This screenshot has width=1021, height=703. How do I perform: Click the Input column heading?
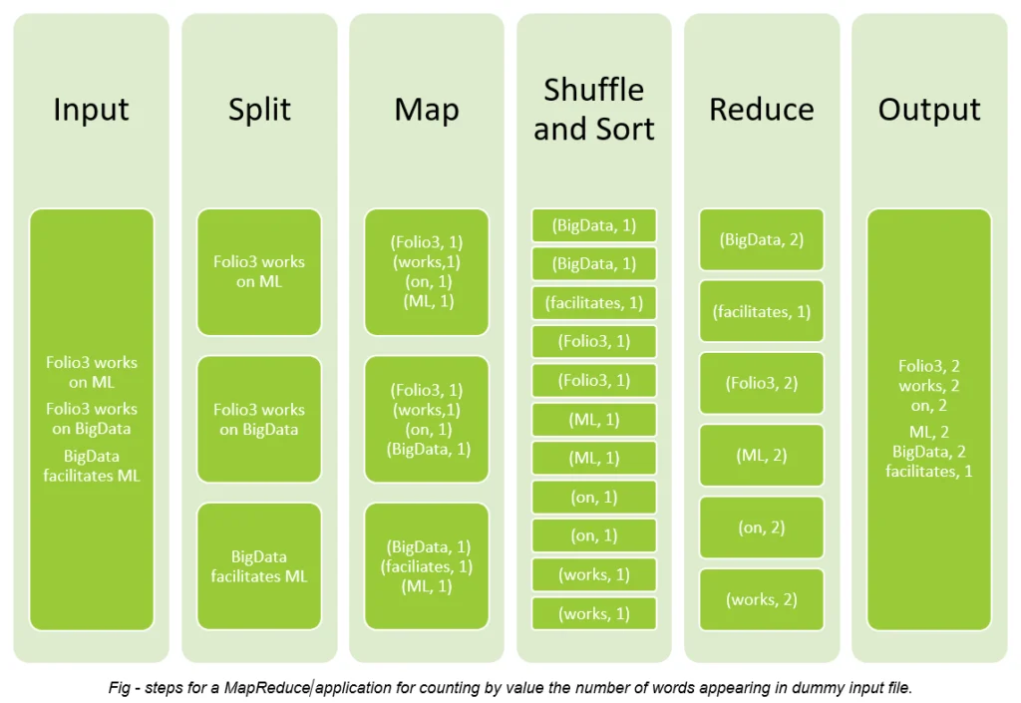click(91, 109)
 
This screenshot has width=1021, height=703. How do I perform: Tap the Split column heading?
click(259, 109)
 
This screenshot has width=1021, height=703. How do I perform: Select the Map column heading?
click(427, 109)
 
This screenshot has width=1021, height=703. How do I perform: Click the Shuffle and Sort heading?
click(594, 109)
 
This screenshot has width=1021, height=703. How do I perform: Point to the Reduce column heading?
click(761, 109)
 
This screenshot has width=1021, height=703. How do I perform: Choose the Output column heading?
click(929, 109)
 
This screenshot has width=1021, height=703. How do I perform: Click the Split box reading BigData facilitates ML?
click(259, 566)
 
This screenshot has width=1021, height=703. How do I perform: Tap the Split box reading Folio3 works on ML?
click(259, 272)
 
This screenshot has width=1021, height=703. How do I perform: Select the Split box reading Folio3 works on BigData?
click(259, 419)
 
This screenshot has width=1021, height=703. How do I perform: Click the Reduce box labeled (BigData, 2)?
click(761, 239)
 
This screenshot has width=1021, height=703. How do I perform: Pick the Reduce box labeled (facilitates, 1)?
click(761, 312)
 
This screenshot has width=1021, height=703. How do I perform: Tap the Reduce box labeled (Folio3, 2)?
click(761, 383)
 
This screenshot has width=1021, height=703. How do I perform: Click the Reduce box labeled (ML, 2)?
click(761, 456)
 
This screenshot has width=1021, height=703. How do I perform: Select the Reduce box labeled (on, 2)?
click(761, 527)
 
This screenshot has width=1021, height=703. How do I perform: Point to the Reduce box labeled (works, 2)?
click(761, 599)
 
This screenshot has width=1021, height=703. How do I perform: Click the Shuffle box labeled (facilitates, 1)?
click(594, 303)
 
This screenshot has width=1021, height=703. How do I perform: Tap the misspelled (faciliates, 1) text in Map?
click(427, 566)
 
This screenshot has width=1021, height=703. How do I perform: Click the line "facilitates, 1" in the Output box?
click(929, 472)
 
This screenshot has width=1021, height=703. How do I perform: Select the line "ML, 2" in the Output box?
click(929, 432)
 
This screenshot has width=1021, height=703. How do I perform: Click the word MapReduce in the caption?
click(267, 687)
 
